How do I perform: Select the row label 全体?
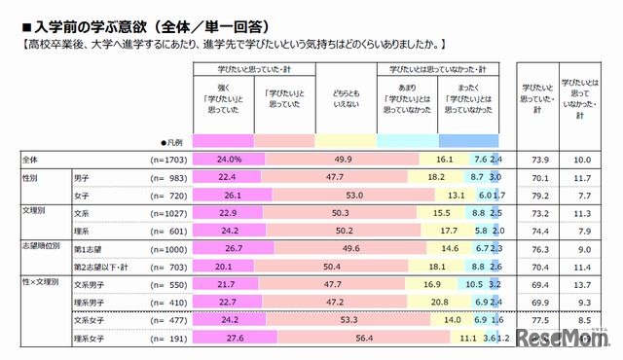pyautogui.click(x=30, y=159)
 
